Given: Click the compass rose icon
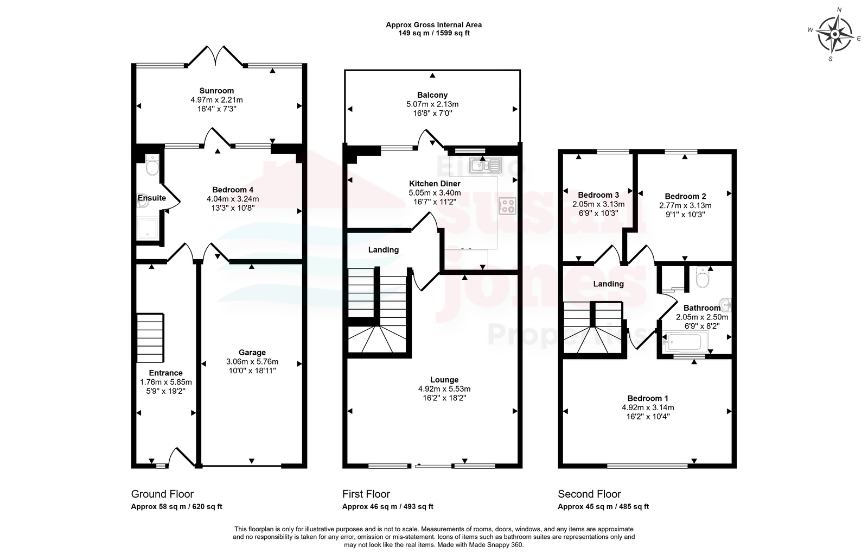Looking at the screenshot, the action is point(835,34).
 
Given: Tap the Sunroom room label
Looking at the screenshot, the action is point(216,91).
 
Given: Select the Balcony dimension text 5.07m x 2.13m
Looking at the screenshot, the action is point(432,104).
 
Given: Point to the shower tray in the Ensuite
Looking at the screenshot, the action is point(147,228).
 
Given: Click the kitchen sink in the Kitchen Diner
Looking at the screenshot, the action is point(485,165).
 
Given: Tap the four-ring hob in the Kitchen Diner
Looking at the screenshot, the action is point(507,205).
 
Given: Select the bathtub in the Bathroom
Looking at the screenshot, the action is point(684,342).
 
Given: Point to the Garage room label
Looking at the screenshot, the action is point(252,352).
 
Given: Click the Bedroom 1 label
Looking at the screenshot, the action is point(648,398).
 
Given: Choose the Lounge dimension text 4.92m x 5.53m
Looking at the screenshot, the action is point(444,389).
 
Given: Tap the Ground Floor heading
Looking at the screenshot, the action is point(162,494).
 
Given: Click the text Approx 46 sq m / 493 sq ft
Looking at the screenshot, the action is point(388,506).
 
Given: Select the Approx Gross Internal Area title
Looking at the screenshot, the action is point(433,25).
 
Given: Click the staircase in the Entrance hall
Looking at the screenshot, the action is point(150,338).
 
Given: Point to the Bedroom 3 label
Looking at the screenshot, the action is point(598,194).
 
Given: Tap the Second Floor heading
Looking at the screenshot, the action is point(589,494).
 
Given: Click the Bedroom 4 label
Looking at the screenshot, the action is point(233,190).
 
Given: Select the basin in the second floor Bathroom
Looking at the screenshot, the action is point(725,305).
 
